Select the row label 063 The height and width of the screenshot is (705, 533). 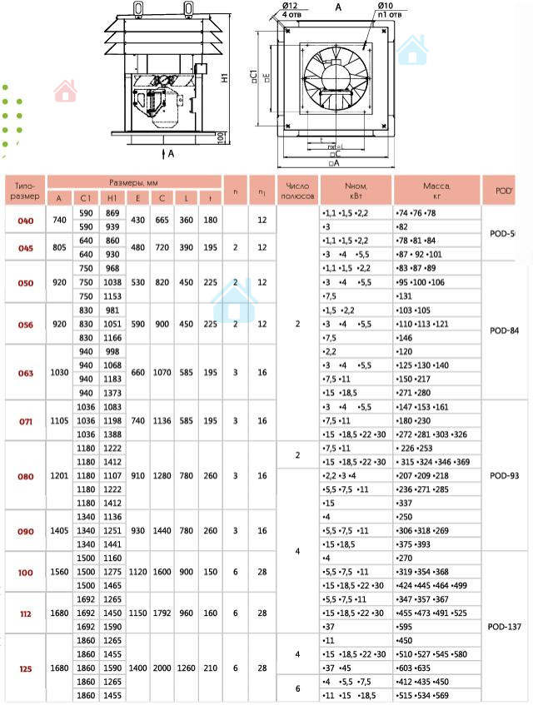click(25, 373)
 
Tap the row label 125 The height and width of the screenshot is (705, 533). click(25, 668)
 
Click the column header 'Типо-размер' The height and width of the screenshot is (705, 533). click(25, 191)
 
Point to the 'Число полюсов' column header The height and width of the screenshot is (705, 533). click(297, 191)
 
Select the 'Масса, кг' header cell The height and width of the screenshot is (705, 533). click(436, 191)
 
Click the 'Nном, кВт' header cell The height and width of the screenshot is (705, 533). click(356, 191)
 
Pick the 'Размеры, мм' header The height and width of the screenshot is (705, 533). click(134, 181)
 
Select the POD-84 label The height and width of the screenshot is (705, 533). click(505, 330)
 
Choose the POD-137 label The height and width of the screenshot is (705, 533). click(505, 626)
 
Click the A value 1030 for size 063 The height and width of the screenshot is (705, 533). click(58, 373)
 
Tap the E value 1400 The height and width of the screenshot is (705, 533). click(137, 668)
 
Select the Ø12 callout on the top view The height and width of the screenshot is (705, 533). click(291, 7)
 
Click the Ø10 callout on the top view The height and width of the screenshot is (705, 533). click(386, 7)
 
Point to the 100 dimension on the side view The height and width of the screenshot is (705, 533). click(220, 137)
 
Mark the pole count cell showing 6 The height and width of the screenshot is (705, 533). click(297, 688)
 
